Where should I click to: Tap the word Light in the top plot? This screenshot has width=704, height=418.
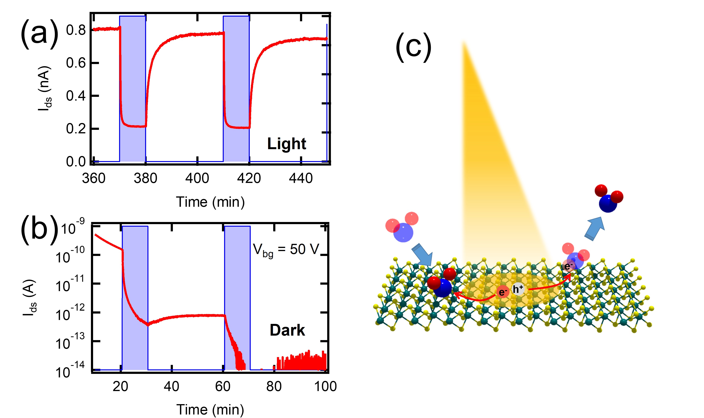[x=286, y=144]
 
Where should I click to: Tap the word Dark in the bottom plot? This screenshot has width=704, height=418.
[x=287, y=330]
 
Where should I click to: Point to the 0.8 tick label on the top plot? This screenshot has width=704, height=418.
[x=76, y=30]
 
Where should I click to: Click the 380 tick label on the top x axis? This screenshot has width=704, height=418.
[x=145, y=178]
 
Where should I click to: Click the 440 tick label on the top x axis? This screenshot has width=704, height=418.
[x=301, y=178]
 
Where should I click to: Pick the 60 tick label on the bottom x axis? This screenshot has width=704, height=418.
[x=223, y=386]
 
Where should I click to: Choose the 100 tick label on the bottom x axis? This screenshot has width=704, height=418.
[x=325, y=386]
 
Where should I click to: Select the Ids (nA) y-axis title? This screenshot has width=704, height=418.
[x=45, y=88]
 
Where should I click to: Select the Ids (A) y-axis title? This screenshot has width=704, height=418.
[x=30, y=298]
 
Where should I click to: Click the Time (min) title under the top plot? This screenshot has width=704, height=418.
[x=210, y=202]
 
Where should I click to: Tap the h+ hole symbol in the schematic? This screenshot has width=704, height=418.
[x=518, y=289]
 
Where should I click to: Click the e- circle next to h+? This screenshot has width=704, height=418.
[x=503, y=292]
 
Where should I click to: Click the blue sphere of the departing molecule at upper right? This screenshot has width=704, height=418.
[x=608, y=203]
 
